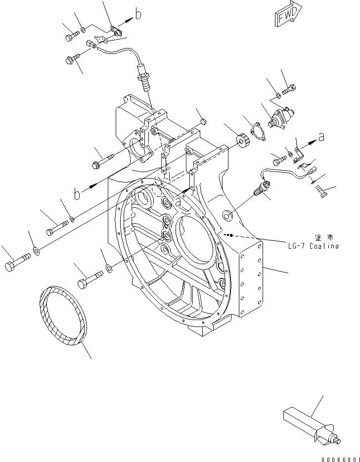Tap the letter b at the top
pos(138,15)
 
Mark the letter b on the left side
pos(77,194)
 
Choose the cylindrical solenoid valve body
pos(280,119)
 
